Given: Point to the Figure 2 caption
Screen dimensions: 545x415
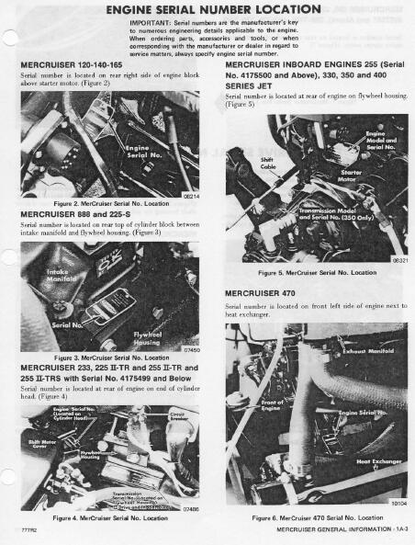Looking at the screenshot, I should pyautogui.click(x=107, y=202).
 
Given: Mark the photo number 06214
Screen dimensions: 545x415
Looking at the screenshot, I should pyautogui.click(x=189, y=195).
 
